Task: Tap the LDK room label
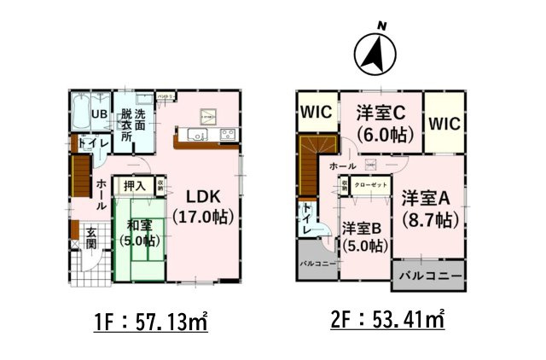(x=203, y=195)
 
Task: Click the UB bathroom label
(x=98, y=113)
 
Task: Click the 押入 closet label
(x=134, y=185)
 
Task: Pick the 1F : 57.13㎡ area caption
(x=150, y=322)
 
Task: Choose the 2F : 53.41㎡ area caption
(x=386, y=322)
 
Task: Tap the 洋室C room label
(x=380, y=112)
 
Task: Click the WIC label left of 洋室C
(x=317, y=113)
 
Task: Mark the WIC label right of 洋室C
(x=444, y=123)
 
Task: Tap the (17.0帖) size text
(x=203, y=217)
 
